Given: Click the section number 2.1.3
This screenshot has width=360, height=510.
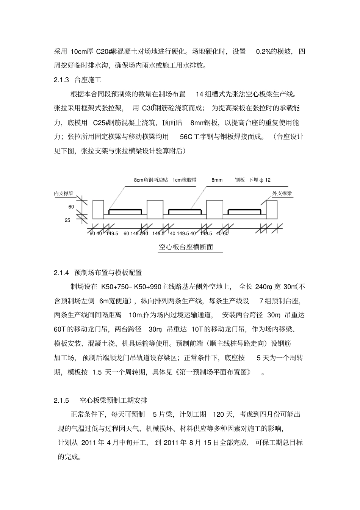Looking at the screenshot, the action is point(61,80).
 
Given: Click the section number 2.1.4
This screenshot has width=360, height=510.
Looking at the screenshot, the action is point(61,272).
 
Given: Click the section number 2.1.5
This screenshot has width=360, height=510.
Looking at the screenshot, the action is point(61,400).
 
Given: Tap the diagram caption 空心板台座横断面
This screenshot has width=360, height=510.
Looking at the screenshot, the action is point(186,247).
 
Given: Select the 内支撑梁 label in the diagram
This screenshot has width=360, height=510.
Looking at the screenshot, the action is point(64,193).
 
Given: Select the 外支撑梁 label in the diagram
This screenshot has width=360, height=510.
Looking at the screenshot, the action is point(282,193).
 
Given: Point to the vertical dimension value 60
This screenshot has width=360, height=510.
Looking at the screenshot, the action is point(71,207).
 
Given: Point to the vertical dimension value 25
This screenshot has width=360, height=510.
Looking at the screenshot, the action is point(67,220).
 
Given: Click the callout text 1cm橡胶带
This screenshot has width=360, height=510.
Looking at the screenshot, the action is point(185,180).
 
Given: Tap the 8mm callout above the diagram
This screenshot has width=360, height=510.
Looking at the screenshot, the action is point(217,180).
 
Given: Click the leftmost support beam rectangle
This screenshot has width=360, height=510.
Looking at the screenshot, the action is point(98,209).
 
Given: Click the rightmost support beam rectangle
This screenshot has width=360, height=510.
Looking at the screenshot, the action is point(272,209).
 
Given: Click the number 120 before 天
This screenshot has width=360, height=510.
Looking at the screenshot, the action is point(219,414).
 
